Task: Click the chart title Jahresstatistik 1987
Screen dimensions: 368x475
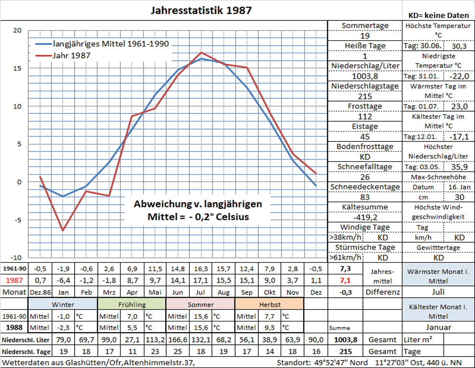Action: (201, 10)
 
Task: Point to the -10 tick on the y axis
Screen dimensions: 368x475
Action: (17, 257)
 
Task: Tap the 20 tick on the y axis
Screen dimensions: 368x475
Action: (18, 30)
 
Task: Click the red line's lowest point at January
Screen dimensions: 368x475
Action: (63, 230)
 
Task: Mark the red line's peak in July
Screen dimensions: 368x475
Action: (201, 52)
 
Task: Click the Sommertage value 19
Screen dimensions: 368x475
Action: (365, 36)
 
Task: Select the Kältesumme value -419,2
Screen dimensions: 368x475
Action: (365, 217)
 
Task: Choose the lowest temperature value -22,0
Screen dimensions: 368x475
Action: (459, 76)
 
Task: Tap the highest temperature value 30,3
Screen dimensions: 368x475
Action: (459, 46)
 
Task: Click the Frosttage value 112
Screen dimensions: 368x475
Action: (365, 116)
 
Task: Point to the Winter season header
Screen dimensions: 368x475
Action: (63, 304)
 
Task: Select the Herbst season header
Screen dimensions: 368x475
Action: (269, 304)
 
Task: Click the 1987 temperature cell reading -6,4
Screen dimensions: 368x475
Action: (63, 280)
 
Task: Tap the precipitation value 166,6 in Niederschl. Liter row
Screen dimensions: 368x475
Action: (177, 340)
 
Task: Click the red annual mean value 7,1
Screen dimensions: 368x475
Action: (345, 280)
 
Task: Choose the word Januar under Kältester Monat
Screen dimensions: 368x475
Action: (438, 328)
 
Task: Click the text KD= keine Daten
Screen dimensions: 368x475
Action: (437, 15)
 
